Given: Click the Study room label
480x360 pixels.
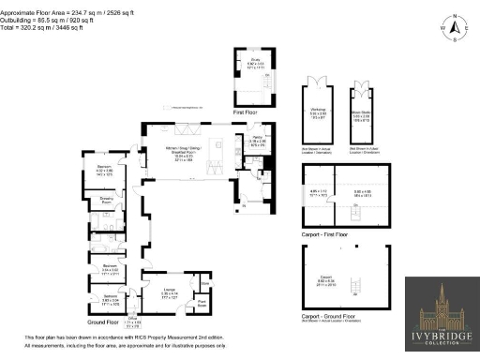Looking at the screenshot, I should click(x=252, y=63).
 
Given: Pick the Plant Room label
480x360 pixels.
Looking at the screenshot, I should click(x=202, y=302).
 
